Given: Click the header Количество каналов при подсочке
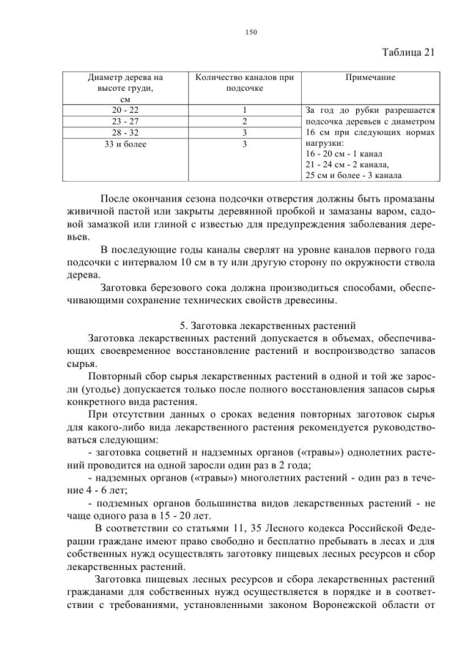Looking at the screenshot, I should point(245,82).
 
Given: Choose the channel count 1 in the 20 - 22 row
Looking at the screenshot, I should point(244,109).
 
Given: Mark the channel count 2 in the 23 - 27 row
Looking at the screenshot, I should point(244,121).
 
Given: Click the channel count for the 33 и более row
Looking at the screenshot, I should point(244,144).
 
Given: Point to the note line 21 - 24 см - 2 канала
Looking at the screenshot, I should point(347,165).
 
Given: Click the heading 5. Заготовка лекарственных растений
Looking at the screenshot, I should point(267,325).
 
